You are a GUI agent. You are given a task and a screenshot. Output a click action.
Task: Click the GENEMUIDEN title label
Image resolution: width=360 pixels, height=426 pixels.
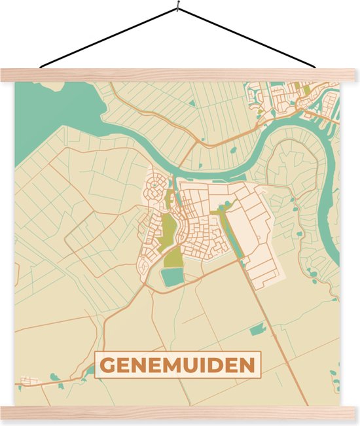179,365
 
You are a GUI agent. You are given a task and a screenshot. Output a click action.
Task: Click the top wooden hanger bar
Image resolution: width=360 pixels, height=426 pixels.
180,75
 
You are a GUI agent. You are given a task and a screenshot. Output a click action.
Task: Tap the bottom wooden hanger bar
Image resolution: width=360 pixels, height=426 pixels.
180,413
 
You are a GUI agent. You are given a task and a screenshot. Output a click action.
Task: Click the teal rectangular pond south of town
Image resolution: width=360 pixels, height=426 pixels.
173,277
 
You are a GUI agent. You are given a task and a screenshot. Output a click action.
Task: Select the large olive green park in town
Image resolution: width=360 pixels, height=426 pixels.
168,228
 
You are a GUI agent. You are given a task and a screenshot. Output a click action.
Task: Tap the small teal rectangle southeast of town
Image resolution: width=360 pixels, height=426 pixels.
257,328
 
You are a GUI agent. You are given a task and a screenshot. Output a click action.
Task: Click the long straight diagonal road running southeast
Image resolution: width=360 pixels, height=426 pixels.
275,327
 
